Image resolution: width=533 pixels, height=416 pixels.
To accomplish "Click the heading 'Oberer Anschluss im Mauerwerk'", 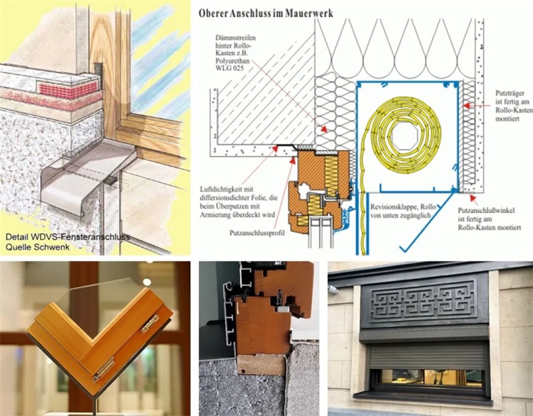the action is point(266,13).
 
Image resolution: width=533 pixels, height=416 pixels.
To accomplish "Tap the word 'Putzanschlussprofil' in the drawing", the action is point(257,233).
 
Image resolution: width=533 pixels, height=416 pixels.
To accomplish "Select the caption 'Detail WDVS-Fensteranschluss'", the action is point(68,236).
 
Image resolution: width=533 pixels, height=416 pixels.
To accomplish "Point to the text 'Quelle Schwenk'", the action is point(38,247).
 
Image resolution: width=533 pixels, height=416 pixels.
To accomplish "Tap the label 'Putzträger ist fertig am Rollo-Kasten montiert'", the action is point(514,106).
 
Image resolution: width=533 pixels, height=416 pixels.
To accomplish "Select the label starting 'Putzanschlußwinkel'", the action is point(490,219).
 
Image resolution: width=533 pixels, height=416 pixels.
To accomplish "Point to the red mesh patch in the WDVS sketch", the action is point(69,89).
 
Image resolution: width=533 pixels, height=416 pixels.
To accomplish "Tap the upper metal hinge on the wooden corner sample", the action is point(150,324).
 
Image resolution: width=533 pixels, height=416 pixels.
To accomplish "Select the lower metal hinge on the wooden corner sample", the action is point(104,369).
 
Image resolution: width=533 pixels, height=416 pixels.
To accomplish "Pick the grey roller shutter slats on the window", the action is point(427,356).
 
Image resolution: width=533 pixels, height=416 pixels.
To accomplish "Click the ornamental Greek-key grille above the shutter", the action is point(423,301).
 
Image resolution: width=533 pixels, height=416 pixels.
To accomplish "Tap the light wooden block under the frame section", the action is point(261,366).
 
